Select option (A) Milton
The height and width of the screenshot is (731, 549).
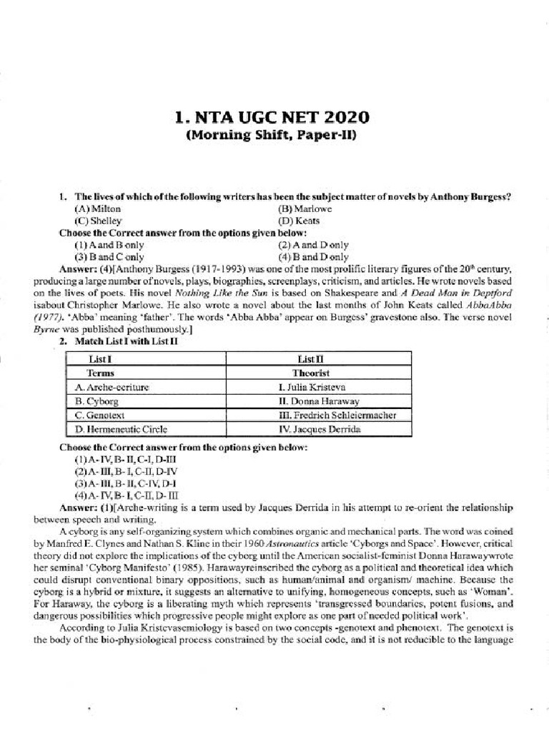(x=97, y=209)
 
